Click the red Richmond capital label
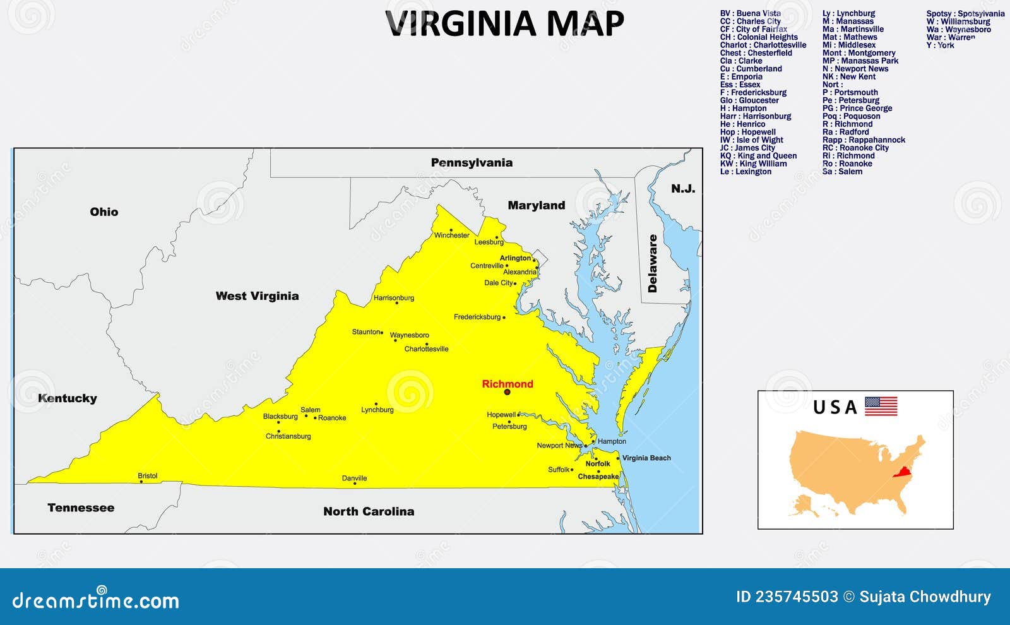tap(508, 384)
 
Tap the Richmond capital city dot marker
tap(507, 392)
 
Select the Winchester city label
tap(451, 235)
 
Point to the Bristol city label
tap(148, 476)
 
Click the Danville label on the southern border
tap(354, 479)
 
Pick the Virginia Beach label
tap(646, 458)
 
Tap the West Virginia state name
tap(257, 296)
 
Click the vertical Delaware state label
tap(653, 263)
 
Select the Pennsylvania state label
tap(472, 163)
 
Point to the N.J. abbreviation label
tap(683, 189)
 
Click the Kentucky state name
tap(67, 398)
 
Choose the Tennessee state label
tap(81, 508)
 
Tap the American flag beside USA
tap(881, 406)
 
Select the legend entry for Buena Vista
tap(751, 13)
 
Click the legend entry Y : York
tap(940, 45)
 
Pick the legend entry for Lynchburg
tap(848, 13)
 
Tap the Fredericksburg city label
tap(477, 317)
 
